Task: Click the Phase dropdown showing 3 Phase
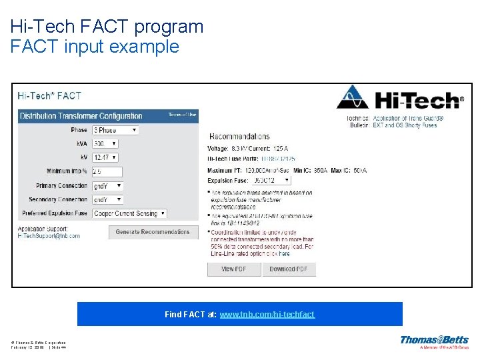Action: [x=115, y=131]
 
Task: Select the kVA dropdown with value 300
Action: [x=105, y=143]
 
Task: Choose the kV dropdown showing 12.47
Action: [x=105, y=157]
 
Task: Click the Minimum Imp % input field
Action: [x=107, y=171]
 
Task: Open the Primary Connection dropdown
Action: [x=107, y=185]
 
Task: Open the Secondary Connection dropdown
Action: [x=107, y=199]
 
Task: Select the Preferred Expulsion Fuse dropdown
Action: [x=129, y=213]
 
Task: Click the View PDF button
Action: [x=233, y=269]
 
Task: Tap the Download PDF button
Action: [x=288, y=269]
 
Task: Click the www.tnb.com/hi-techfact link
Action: [x=267, y=314]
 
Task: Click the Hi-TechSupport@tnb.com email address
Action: [x=49, y=236]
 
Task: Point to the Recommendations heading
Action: [x=239, y=137]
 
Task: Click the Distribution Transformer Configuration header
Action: [x=81, y=116]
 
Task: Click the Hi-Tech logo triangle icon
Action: [x=353, y=99]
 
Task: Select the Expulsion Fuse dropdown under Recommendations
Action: [x=271, y=180]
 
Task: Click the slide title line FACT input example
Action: [x=95, y=47]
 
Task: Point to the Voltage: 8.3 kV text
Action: [x=228, y=148]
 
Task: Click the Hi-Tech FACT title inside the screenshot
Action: [x=49, y=96]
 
